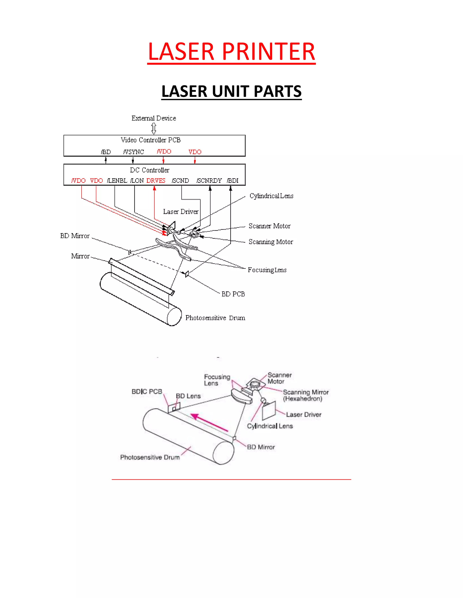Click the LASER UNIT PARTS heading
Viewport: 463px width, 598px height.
[x=231, y=91]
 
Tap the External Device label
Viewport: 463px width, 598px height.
[x=154, y=118]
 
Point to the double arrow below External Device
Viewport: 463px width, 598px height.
[x=154, y=128]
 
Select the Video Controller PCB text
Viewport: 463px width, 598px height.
[x=151, y=140]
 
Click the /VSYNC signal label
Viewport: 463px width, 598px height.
[x=134, y=152]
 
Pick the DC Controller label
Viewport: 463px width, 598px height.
[x=149, y=170]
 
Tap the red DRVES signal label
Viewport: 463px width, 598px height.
[x=156, y=181]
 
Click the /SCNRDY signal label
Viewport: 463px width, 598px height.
[x=209, y=181]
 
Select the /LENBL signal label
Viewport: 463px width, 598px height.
[x=117, y=181]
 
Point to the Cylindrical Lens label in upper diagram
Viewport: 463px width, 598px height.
[x=271, y=196]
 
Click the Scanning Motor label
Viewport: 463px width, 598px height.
[x=271, y=242]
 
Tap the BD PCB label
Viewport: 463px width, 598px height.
[x=233, y=294]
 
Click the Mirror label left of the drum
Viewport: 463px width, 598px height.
[x=80, y=256]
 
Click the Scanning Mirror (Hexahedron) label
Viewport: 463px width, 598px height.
[x=306, y=395]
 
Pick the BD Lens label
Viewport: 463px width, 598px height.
[x=188, y=396]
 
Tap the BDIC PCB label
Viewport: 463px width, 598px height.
[x=147, y=392]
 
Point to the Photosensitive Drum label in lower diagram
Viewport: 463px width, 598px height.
[x=150, y=457]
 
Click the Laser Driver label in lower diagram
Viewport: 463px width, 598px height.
[x=304, y=415]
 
